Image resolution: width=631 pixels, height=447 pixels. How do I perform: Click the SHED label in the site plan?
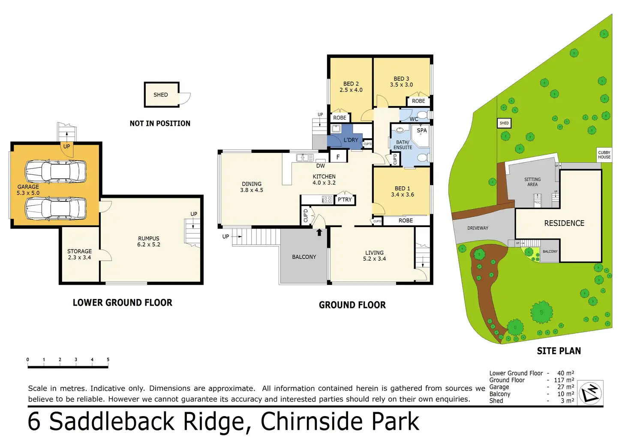coord(504,123)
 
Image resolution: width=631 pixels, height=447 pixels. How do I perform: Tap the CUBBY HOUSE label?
coord(604,155)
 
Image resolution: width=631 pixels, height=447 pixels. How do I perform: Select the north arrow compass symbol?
coord(590,392)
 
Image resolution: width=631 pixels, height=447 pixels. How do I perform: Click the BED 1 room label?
coord(402,189)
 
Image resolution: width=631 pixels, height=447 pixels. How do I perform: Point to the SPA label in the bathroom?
coord(422,131)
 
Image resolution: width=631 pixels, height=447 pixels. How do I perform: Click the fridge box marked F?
coord(338,157)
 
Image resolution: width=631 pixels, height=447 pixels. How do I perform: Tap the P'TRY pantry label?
coord(345,200)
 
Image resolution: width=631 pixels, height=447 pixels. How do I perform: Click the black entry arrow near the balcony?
coord(319,232)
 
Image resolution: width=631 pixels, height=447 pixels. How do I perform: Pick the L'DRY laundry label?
coord(351,140)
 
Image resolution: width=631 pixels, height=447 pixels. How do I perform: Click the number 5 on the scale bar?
coord(108,360)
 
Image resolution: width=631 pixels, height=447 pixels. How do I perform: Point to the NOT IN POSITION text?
coord(160,124)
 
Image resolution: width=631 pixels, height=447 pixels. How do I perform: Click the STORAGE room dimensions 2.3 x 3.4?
coord(79,258)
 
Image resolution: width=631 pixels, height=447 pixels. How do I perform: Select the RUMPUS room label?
coord(149,238)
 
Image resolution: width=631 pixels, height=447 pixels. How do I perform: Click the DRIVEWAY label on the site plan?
coord(478,228)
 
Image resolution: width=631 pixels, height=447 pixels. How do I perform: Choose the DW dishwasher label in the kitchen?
coord(321,166)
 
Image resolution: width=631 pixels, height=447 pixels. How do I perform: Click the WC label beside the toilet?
coord(414,119)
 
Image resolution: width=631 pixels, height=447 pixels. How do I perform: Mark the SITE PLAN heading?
coord(559,351)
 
